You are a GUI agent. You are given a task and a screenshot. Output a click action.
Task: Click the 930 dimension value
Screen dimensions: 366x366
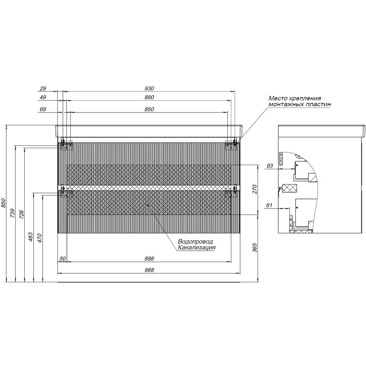point(149,88)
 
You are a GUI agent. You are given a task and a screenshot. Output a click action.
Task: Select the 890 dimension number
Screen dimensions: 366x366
point(149,97)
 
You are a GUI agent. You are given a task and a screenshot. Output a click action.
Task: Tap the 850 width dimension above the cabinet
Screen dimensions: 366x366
point(149,109)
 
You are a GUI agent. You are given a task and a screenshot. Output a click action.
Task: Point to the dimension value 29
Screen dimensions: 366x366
point(43,88)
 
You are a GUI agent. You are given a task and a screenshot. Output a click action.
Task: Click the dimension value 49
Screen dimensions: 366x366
point(43,97)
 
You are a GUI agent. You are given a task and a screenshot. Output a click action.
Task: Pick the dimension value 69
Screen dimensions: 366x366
point(43,109)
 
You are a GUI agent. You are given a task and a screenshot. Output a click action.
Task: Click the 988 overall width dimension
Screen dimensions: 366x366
point(149,270)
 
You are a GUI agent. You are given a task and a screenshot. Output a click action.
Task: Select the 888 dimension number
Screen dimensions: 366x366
point(149,258)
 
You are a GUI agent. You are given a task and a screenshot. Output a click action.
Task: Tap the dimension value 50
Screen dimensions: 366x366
point(63,258)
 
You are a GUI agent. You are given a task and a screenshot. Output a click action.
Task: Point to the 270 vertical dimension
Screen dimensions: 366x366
point(254,189)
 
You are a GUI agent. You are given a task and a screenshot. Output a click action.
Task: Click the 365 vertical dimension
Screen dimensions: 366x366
point(254,248)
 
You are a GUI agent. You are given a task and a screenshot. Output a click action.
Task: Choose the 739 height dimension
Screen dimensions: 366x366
point(12,213)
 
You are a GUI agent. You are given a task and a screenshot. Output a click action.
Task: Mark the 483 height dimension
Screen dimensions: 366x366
point(31,237)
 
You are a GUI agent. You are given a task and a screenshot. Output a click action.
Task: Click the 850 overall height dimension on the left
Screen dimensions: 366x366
point(3,203)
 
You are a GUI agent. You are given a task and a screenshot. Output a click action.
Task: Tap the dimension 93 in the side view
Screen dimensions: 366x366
point(269,166)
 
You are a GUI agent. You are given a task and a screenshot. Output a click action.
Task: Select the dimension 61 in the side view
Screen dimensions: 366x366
point(269,205)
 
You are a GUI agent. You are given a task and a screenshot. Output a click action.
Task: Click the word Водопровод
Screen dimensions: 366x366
point(195,242)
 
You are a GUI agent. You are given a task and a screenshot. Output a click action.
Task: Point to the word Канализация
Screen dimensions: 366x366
point(197,248)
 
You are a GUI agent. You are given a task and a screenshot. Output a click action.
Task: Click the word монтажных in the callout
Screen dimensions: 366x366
point(286,104)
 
